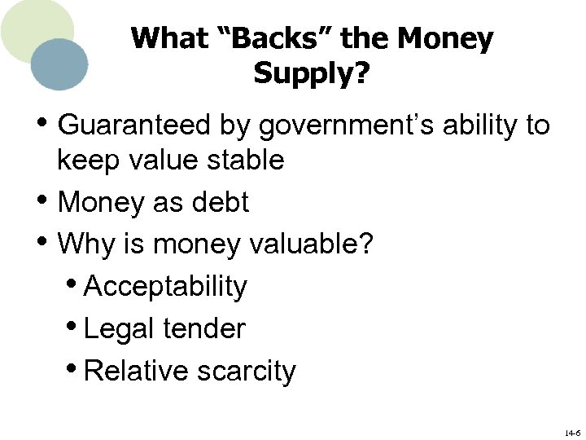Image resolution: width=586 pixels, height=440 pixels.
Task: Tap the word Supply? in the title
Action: [x=312, y=73]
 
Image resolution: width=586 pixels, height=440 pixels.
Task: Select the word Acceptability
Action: [x=165, y=286]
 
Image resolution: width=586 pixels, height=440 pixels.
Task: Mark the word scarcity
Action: [x=247, y=371]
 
